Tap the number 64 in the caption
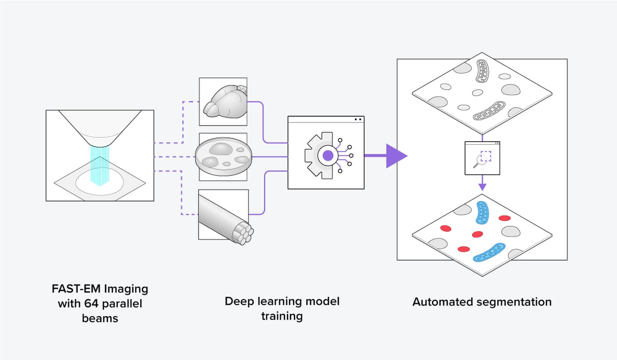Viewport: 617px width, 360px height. click(x=97, y=303)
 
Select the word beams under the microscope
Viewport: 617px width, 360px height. click(x=100, y=318)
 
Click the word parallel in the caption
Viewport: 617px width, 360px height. click(x=124, y=303)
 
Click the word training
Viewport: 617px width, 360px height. click(x=282, y=316)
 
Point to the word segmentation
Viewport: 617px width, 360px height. click(x=513, y=302)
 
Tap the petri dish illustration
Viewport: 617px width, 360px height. click(x=223, y=156)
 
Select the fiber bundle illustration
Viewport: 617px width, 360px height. click(x=224, y=214)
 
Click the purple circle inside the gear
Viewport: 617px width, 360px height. click(x=328, y=155)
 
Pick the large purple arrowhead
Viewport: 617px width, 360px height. click(x=395, y=155)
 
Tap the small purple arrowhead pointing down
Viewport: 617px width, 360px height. click(x=483, y=185)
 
